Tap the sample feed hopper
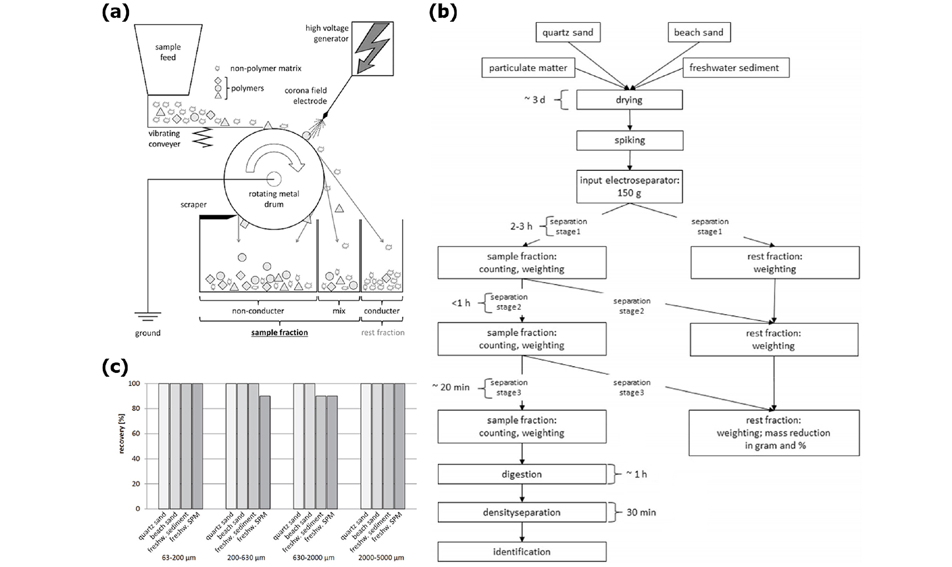point(168,57)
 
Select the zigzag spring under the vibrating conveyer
point(202,138)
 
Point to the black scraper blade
point(217,218)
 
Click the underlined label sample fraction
point(279,333)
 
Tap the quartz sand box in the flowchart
point(568,33)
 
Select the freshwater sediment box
point(734,68)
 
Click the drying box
point(629,100)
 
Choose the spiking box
point(630,140)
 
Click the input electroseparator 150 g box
point(629,186)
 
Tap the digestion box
point(522,474)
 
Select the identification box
point(522,552)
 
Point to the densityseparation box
point(522,512)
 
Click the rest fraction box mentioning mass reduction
point(774,433)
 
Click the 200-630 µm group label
point(246,558)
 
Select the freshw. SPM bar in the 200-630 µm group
point(265,452)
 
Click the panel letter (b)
point(442,12)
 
